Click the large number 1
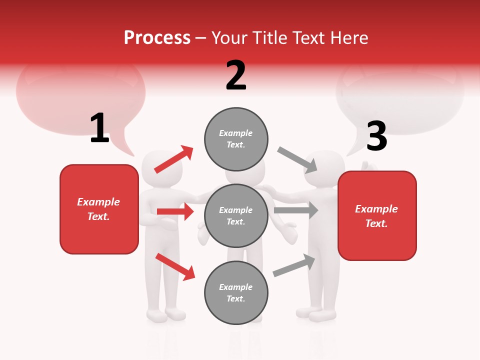click(x=99, y=128)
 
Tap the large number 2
click(x=236, y=75)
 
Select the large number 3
click(x=376, y=136)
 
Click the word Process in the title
click(x=157, y=38)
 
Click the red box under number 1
click(x=99, y=209)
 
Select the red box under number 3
click(x=377, y=216)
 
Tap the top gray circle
click(x=236, y=138)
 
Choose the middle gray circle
click(x=236, y=215)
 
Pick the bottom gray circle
click(x=236, y=292)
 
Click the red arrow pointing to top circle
click(x=174, y=159)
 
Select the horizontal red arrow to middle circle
click(x=175, y=211)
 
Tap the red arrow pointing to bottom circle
click(x=175, y=266)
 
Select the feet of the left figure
click(x=166, y=315)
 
